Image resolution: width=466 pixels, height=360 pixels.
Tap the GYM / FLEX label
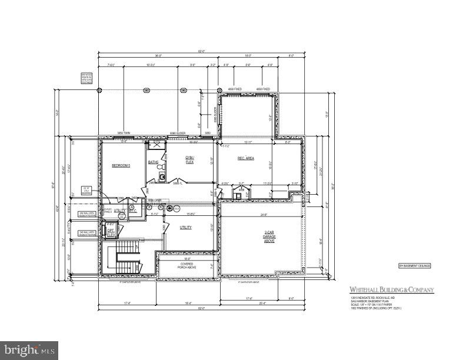189,161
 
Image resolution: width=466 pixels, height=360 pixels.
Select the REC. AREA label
245,158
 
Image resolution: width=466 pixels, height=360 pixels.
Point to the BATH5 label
153,162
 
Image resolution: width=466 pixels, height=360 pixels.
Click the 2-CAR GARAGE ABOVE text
270,236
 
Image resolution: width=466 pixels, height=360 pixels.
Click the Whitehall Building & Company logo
391,289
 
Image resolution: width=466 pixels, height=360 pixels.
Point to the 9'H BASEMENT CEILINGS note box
414,265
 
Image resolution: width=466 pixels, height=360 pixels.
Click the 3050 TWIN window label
123,133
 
